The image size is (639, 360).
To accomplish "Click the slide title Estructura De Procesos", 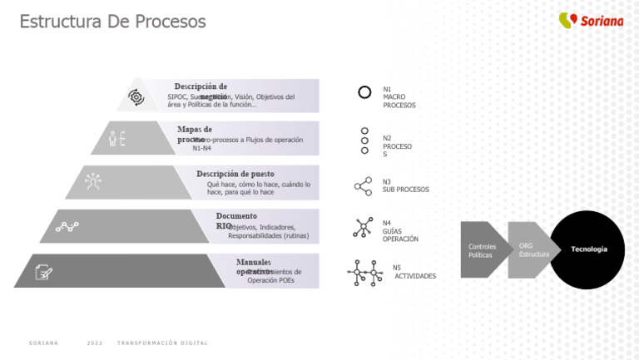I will point(112,22).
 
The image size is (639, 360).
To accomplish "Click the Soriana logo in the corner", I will point(591,21).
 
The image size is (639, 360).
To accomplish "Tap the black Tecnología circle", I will point(588,249).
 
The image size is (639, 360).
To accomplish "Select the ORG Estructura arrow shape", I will point(529,249).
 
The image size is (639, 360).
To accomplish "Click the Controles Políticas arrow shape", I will point(484,250).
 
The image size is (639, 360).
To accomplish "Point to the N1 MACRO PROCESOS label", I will point(399,97).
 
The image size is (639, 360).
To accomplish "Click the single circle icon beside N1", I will point(364,92).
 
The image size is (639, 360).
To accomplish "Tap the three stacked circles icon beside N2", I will point(364,141).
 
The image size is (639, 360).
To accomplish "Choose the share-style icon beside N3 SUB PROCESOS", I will point(364,186).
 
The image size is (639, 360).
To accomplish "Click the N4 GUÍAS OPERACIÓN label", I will point(399,231).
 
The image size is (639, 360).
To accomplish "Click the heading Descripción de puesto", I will point(235,174).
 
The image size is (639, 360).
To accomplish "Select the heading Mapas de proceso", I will point(194,134).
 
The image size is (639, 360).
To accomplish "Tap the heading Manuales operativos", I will point(253,267).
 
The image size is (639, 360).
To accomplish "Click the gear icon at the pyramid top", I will point(136,97).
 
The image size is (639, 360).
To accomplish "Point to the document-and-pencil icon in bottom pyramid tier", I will point(44,272).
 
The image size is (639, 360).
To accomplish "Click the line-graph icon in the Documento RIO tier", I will point(67,226).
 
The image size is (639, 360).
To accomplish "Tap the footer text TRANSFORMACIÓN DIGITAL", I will point(162,343).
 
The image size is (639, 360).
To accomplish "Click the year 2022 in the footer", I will point(94,343).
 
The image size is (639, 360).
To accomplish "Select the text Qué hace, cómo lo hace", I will point(258,185).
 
